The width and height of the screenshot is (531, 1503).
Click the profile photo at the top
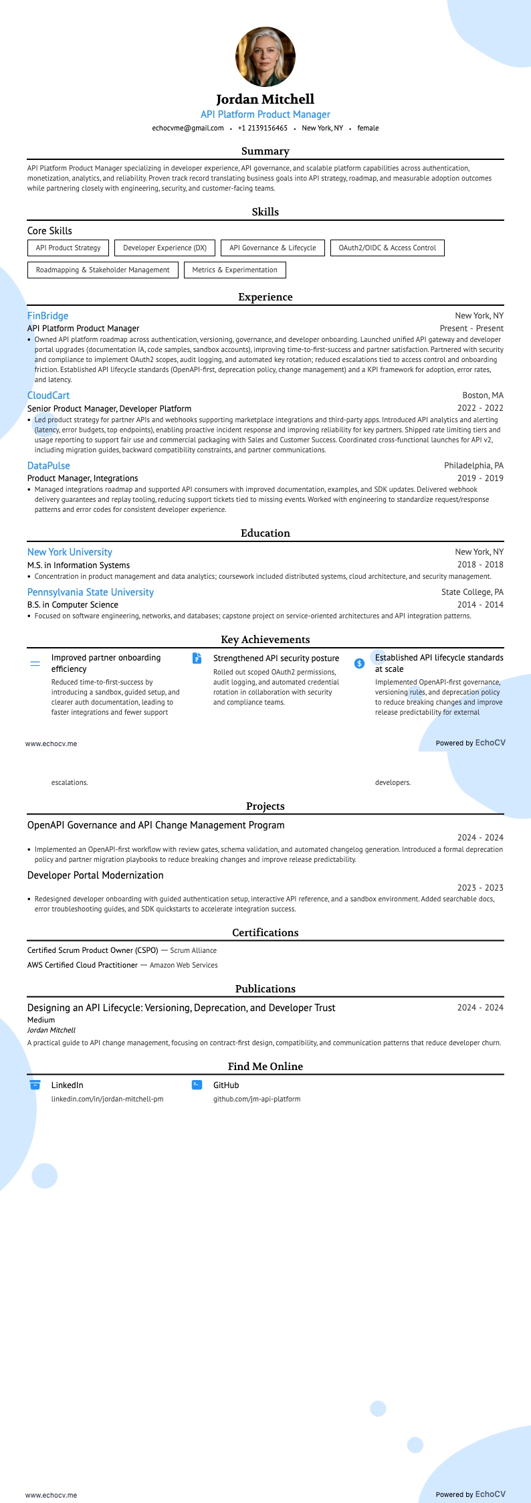pos(265,57)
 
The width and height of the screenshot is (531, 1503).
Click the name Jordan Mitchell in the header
pos(265,99)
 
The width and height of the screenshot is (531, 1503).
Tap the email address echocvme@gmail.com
pos(188,128)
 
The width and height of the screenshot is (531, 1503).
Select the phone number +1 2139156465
pos(263,128)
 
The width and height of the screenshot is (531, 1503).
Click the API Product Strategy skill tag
pos(68,248)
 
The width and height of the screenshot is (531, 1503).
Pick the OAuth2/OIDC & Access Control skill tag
pos(387,248)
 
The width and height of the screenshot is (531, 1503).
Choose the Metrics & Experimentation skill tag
pos(235,270)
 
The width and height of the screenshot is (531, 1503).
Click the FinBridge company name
pos(47,316)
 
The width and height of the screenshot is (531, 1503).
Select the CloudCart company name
pos(48,395)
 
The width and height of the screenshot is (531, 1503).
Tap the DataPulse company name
pos(48,466)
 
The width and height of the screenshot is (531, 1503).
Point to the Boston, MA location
pos(483,395)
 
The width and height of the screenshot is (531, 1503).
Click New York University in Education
pos(70,552)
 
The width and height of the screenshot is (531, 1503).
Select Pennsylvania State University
pos(90,592)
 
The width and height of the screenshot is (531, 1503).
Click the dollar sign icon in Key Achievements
pos(359,663)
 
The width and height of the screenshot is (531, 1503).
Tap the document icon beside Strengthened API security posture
pos(197,658)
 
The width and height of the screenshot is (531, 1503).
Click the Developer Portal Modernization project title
pos(95,875)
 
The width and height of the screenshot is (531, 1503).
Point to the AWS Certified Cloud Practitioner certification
pos(82,965)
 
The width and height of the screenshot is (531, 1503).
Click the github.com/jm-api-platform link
pos(257,1099)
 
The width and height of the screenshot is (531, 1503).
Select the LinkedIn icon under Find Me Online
pos(35,1085)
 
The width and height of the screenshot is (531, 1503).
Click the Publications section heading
pos(265,988)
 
